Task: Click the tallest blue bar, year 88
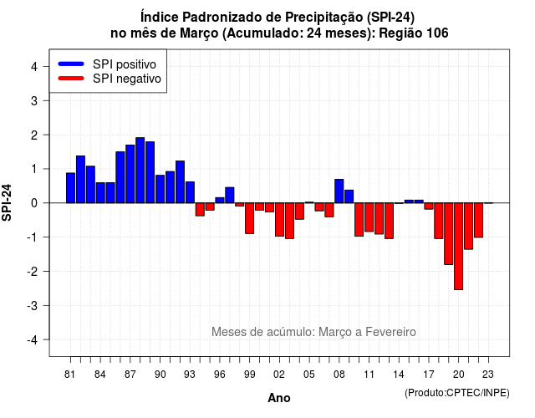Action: (140, 171)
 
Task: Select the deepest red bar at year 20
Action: (459, 247)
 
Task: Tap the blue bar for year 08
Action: (339, 191)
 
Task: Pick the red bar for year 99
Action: (249, 218)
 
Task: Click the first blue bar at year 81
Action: (70, 188)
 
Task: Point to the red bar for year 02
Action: (279, 220)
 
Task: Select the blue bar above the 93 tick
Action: (190, 192)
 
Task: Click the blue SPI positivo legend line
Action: (71, 64)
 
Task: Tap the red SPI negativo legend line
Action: (71, 79)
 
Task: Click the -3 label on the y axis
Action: (33, 306)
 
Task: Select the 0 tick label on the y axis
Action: (34, 203)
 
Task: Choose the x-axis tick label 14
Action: (399, 375)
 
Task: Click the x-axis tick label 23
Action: (488, 375)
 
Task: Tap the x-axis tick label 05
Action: (308, 375)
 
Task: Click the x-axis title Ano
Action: (279, 398)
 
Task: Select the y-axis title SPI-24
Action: (7, 202)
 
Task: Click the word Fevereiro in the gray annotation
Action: (390, 332)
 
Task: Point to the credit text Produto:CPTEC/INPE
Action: (457, 393)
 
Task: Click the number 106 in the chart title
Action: (437, 33)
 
